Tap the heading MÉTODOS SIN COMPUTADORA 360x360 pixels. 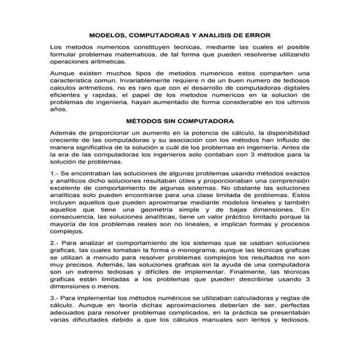(x=181, y=121)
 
